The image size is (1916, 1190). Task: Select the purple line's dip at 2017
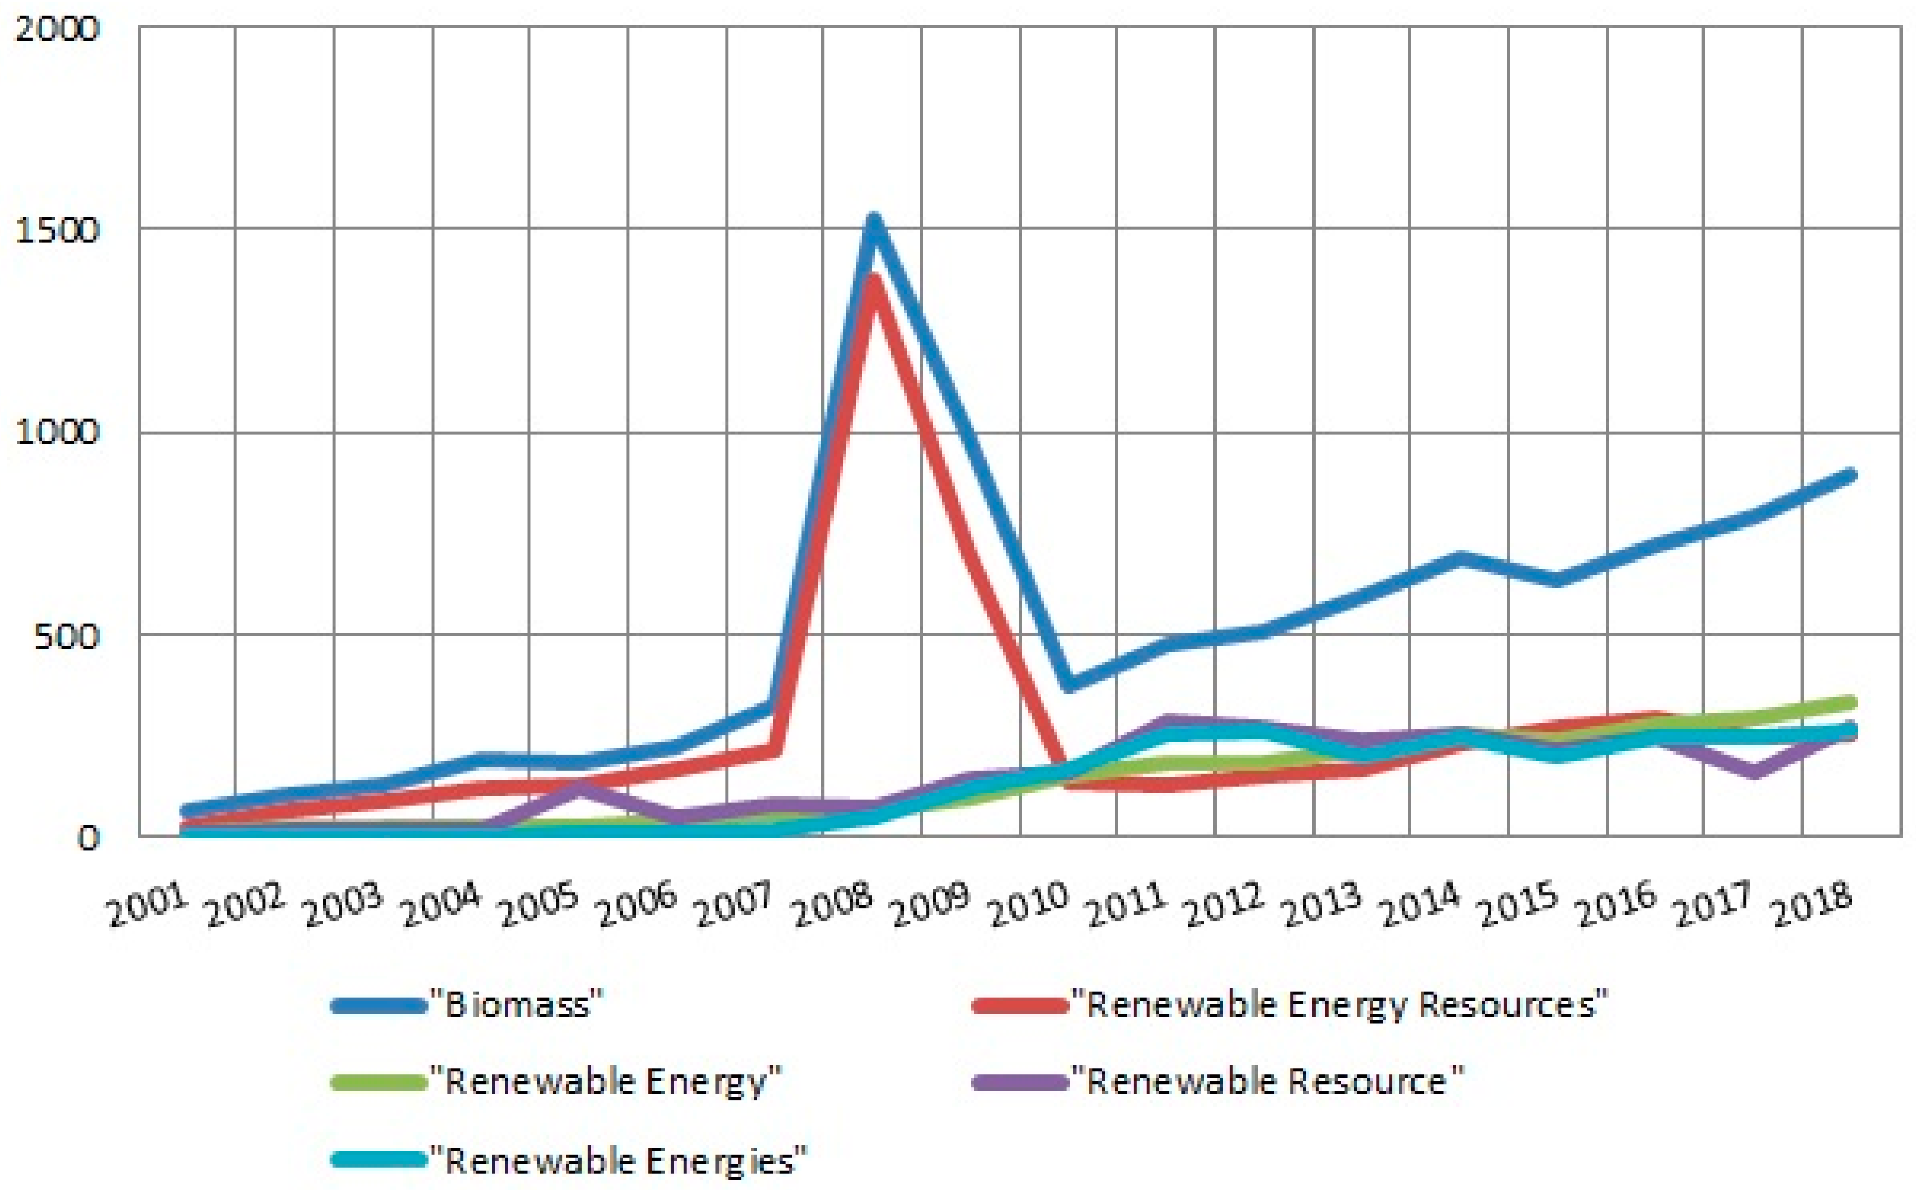click(x=1753, y=773)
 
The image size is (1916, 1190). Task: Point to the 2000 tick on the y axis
click(x=57, y=29)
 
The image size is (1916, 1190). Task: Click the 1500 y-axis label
click(x=57, y=231)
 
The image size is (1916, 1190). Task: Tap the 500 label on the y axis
click(x=66, y=636)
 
